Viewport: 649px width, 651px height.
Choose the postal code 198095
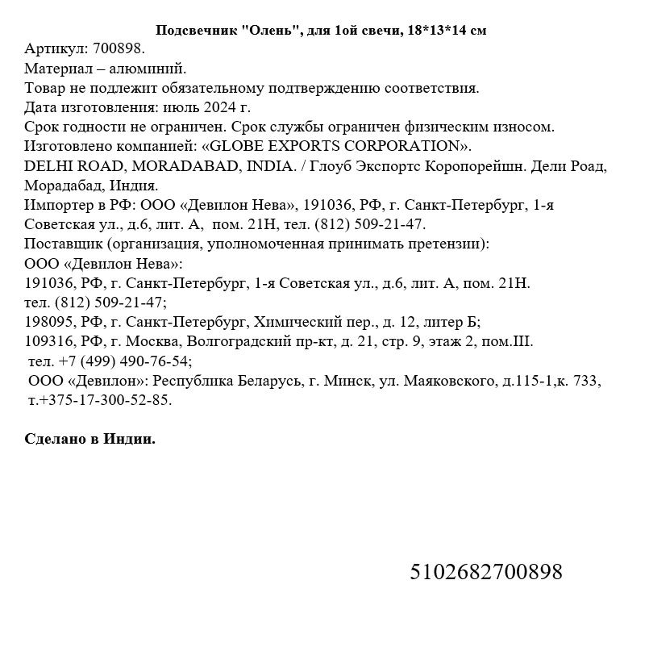[50, 322]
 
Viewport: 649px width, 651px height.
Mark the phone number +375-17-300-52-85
[100, 400]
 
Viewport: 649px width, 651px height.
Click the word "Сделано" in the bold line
[56, 439]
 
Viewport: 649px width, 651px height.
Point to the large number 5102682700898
[486, 572]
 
